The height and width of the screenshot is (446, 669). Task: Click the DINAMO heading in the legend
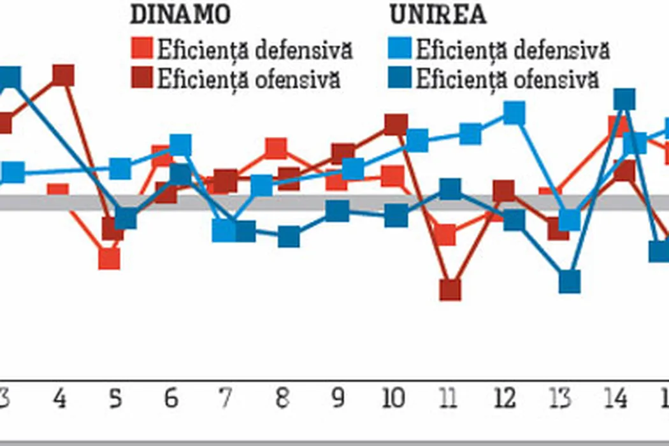pos(179,14)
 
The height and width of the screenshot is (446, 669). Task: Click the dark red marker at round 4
pos(63,75)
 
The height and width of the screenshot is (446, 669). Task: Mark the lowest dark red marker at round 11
pos(450,289)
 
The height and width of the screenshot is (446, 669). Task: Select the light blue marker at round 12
pos(514,113)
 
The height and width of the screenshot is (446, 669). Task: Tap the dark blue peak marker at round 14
pos(624,99)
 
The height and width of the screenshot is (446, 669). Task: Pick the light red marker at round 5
pos(110,258)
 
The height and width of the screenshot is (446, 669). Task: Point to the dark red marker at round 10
pos(396,125)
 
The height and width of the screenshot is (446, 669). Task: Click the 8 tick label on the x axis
pos(281,399)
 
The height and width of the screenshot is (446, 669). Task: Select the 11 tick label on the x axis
pos(449,399)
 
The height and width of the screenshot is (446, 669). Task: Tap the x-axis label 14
pos(616,399)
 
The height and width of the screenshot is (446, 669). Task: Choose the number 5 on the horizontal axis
pos(115,399)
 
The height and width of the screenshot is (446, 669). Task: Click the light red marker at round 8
pos(276,148)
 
